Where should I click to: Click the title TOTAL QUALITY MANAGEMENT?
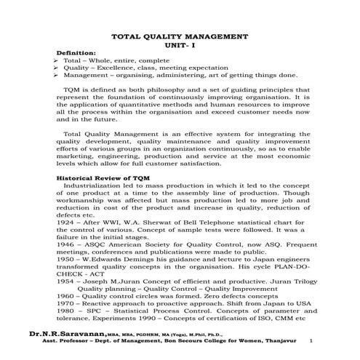pos(178,36)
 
